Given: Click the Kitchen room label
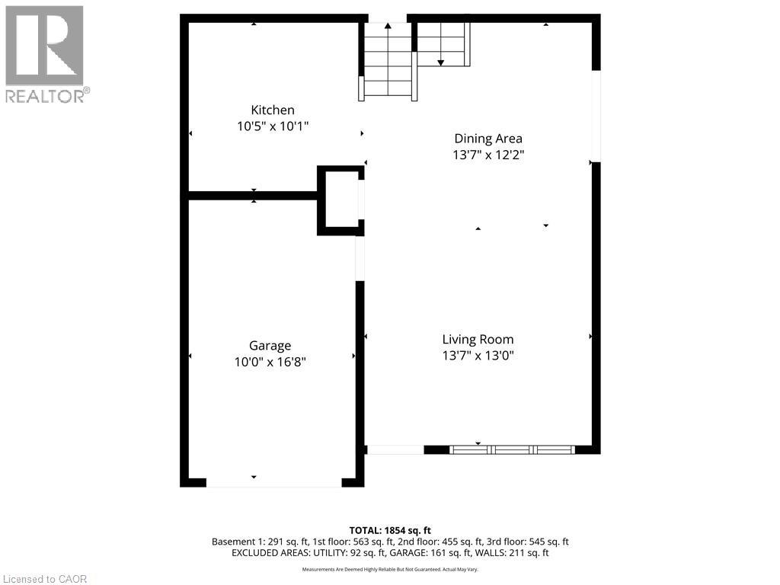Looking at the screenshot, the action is pos(273,110).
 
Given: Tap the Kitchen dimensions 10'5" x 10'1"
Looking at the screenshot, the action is pos(273,126).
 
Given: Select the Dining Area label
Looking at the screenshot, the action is pos(488,139).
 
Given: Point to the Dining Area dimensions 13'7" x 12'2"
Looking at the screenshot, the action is pos(488,155).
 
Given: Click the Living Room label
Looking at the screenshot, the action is pos(478,340).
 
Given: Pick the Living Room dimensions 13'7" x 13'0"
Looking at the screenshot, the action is pos(478,356).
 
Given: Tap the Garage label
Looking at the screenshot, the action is pos(270,347).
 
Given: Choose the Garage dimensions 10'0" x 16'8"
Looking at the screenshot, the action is pos(270,362).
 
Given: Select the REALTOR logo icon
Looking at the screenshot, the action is pos(44,45).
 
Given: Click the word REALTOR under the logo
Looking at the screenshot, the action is pos(44,96).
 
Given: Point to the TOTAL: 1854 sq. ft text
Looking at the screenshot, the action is pos(390,531).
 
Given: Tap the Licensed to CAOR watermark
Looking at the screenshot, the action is pos(45,579).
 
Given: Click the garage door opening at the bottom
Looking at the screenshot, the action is pos(273,482).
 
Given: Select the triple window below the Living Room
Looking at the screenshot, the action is pos(513,449).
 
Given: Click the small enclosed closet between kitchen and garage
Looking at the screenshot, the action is pos(340,200).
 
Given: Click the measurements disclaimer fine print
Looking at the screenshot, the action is pos(390,570).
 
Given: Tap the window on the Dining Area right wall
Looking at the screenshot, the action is pos(596,116).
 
